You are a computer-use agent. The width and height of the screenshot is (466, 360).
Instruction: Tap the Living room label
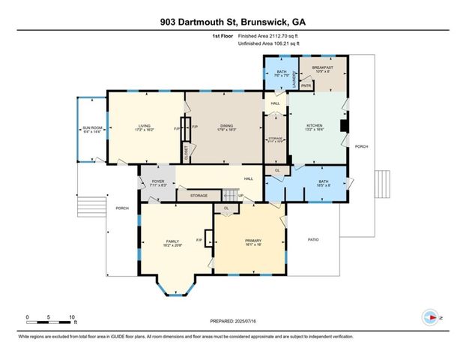coord(145,126)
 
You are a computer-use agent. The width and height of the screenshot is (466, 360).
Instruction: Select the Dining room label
coord(223,126)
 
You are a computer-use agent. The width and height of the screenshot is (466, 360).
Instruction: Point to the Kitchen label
coord(315,125)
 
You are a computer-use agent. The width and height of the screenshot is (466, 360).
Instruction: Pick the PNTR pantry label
coord(306,85)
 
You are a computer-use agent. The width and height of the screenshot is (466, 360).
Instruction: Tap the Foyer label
coord(157,181)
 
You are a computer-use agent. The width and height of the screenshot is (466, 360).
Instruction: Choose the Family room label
coord(172,241)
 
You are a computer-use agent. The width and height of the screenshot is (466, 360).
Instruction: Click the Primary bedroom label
coord(249,241)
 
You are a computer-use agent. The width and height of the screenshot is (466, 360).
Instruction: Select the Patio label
coord(314,240)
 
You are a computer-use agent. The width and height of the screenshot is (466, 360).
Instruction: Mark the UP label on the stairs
coord(241,196)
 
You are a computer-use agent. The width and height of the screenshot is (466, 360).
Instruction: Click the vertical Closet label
coord(187,152)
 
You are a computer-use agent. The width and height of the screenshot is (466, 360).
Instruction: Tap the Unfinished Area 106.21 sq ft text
coord(267,43)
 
